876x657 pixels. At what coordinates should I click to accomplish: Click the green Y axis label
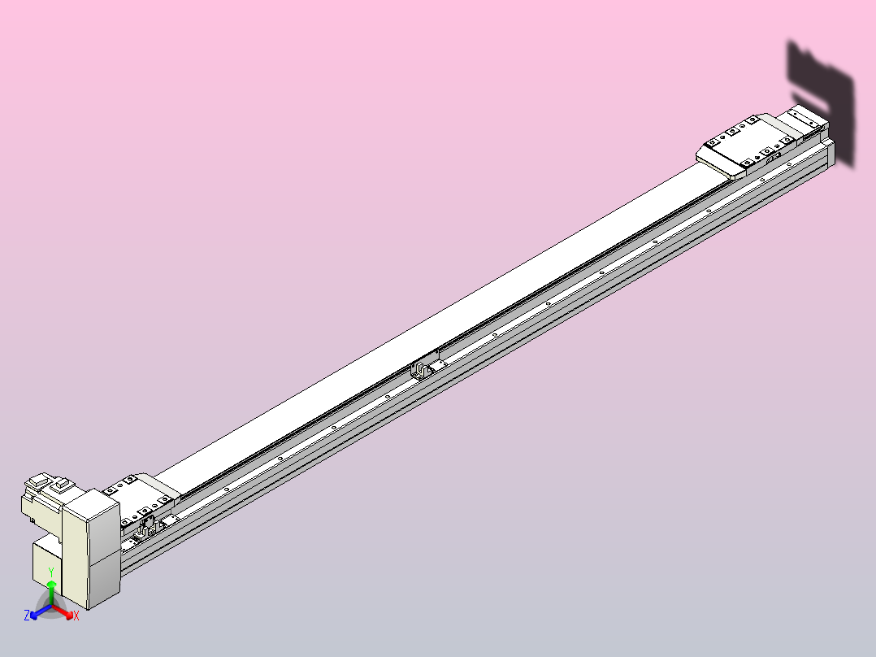click(x=51, y=572)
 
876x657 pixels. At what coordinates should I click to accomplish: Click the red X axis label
click(x=76, y=616)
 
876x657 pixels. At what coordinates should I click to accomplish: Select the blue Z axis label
click(x=27, y=616)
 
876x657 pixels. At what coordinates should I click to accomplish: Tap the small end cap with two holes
click(x=806, y=119)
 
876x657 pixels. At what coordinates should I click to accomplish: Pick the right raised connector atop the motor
click(x=63, y=485)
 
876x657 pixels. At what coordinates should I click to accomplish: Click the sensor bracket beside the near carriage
click(x=148, y=529)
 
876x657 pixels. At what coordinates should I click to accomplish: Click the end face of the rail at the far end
click(x=830, y=154)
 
